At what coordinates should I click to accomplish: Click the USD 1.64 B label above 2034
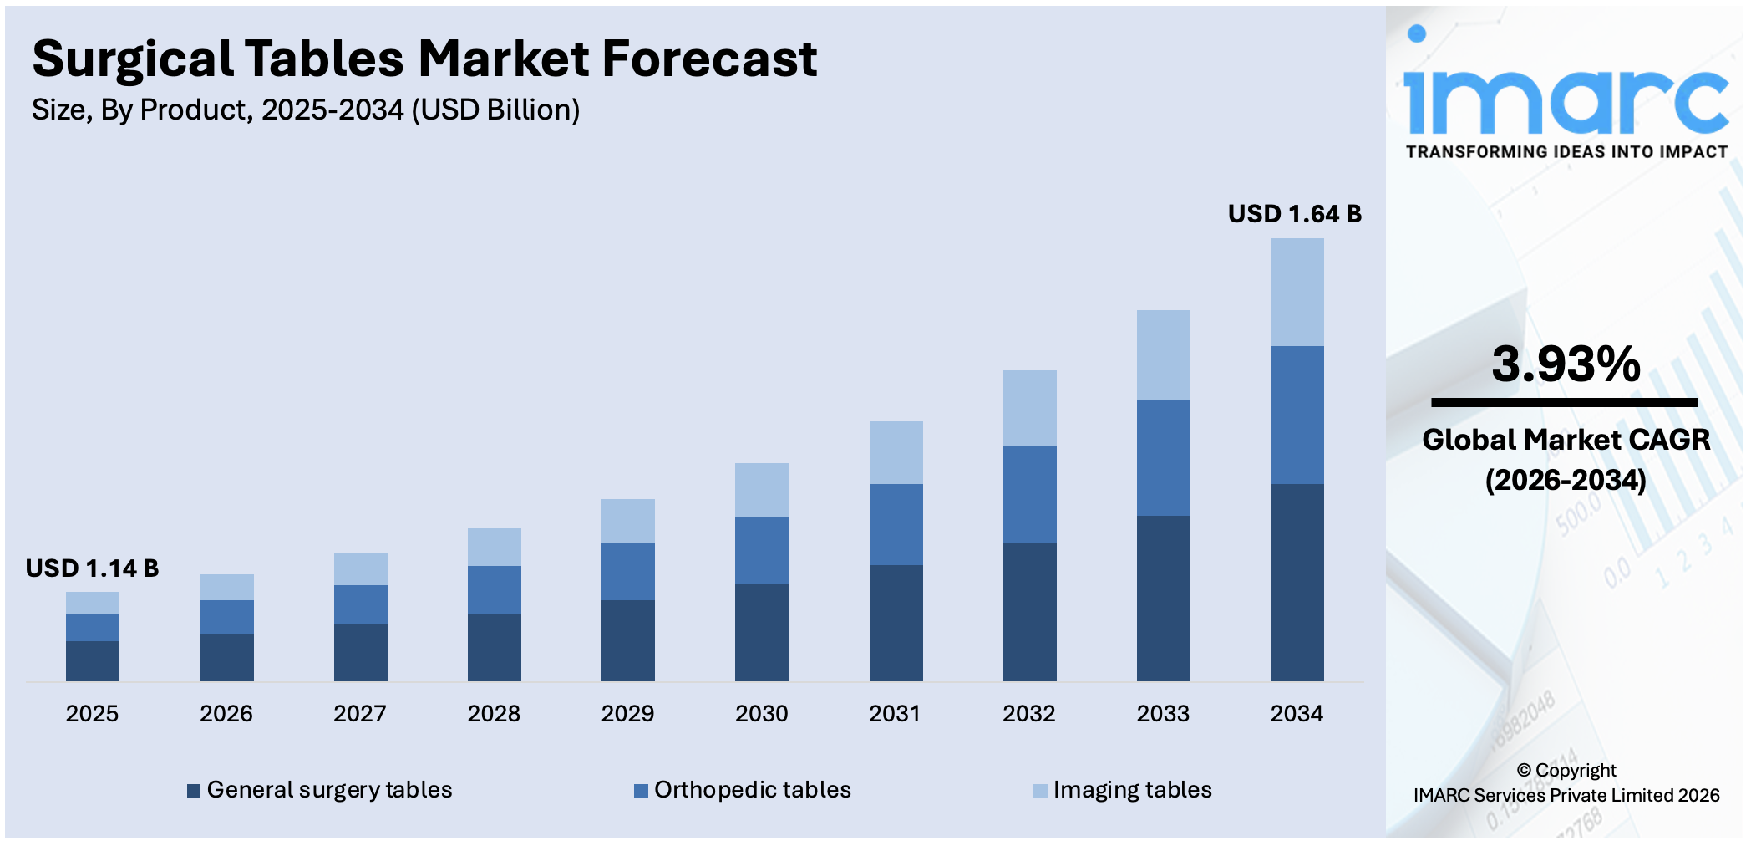[1294, 214]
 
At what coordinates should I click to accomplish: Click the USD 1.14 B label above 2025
[92, 568]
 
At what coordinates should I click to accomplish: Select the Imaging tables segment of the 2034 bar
[1297, 292]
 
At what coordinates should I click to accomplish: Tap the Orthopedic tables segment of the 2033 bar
[1163, 457]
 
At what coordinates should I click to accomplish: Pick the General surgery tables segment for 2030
[761, 632]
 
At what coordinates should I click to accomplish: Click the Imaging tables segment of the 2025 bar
[92, 602]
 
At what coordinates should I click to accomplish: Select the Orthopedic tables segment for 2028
[494, 589]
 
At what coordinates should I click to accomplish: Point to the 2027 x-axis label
[359, 713]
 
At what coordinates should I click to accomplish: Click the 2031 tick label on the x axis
[894, 713]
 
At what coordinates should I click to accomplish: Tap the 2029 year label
[627, 713]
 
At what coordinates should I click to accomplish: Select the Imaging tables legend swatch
[1040, 791]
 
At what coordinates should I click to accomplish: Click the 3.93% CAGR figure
[1566, 364]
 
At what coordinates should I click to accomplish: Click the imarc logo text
[1566, 100]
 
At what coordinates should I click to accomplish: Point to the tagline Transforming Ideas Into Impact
[1566, 152]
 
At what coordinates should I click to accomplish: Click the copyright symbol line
[1566, 770]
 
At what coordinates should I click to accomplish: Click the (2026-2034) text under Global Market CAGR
[1566, 480]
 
